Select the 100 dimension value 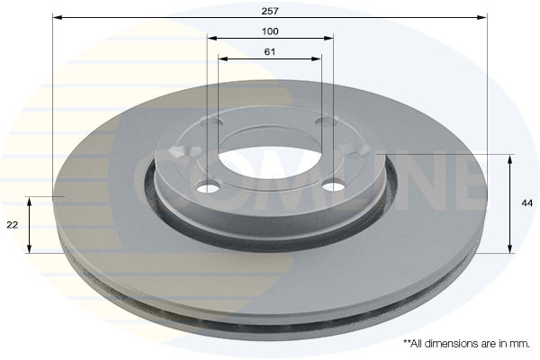[x=270, y=31]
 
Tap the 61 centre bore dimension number [x=270, y=51]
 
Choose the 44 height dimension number [x=527, y=204]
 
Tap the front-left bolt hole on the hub [x=209, y=187]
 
